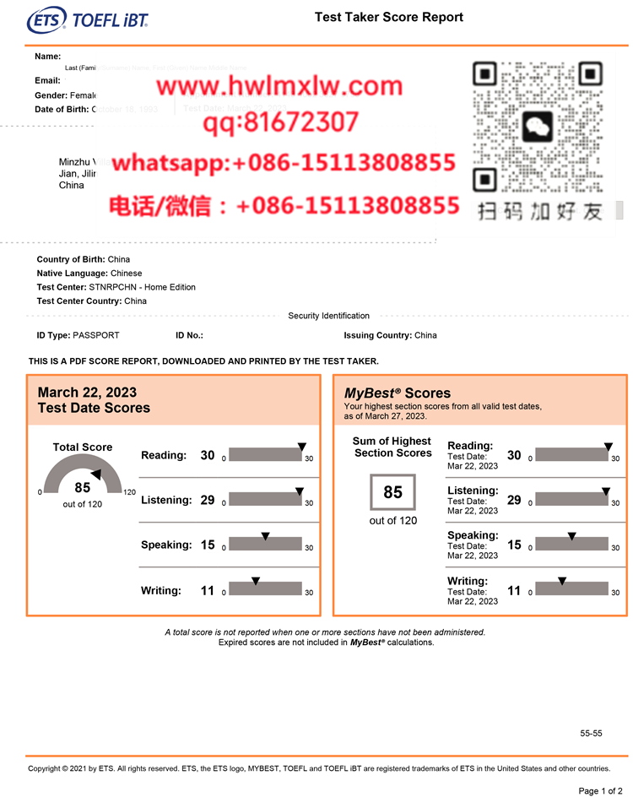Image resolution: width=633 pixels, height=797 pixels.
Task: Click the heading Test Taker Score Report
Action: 388,17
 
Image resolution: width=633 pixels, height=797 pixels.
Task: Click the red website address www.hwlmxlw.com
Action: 279,87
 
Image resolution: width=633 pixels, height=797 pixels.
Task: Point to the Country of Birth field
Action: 84,259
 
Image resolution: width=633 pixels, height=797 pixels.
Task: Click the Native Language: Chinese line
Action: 89,274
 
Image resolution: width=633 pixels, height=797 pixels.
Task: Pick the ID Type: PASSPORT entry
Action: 78,335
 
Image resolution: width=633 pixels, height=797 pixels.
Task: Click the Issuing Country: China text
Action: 390,335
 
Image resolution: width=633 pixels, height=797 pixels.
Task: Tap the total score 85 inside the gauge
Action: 82,487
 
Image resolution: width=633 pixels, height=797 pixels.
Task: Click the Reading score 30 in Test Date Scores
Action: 208,456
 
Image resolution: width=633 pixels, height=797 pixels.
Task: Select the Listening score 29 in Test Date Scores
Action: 208,501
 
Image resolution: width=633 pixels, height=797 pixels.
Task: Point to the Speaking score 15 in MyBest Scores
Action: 514,545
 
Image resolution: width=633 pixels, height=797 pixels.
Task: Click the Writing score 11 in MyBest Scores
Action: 514,591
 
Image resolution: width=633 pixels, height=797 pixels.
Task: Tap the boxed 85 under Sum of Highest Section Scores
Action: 392,492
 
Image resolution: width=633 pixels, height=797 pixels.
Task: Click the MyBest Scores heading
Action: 398,393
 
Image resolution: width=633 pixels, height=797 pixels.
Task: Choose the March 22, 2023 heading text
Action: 87,393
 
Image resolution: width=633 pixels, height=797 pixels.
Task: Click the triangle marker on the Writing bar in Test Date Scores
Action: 256,581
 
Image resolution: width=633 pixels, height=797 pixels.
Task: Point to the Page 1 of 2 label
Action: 600,790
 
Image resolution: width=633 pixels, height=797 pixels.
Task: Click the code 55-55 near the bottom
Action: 591,734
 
